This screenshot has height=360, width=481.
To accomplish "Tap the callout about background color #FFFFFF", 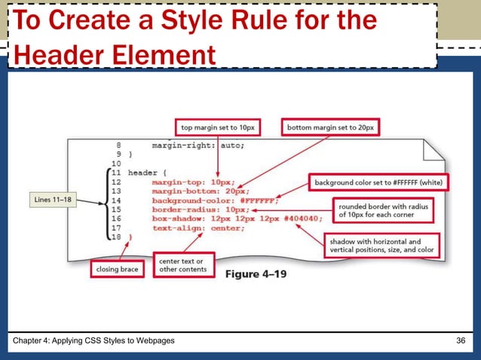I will [x=379, y=182].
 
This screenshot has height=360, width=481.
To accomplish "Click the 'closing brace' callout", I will [x=117, y=267].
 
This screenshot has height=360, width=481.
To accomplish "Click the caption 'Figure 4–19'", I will [x=256, y=273].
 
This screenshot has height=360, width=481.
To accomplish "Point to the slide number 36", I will [x=461, y=342].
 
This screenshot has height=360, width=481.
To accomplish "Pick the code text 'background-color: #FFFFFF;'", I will [x=215, y=200].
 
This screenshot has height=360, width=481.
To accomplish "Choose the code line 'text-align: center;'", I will [x=198, y=227].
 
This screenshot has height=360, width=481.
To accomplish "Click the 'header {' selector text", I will [x=147, y=172].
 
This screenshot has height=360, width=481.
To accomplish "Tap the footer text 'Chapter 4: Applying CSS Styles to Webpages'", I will [x=95, y=342].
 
